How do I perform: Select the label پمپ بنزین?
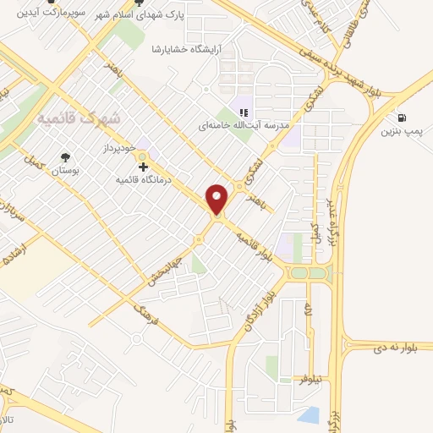coord(400,131)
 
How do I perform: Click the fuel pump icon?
coord(400,117)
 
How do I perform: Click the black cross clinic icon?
coord(143,167)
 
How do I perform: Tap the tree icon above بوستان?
coord(65,156)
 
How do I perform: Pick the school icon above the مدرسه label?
coord(244,112)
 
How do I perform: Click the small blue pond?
coord(309,415)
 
